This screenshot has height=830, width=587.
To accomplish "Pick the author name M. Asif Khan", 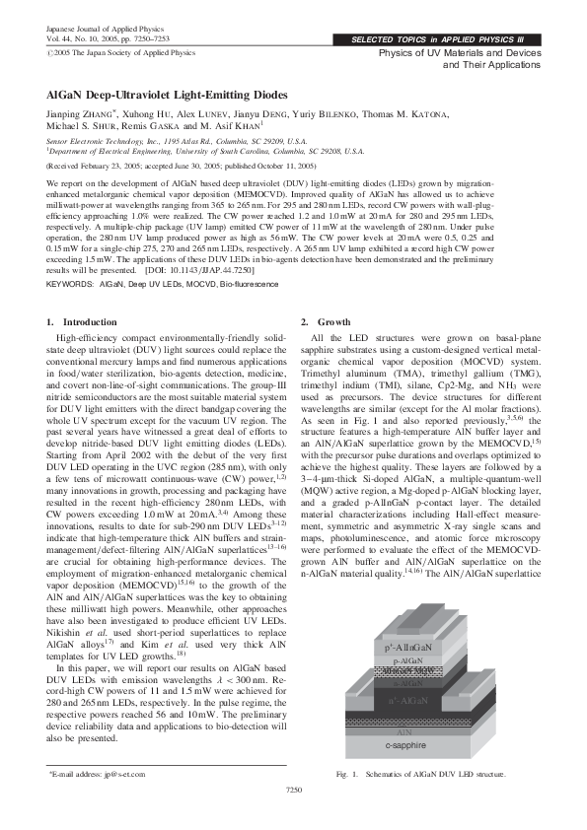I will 237,127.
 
